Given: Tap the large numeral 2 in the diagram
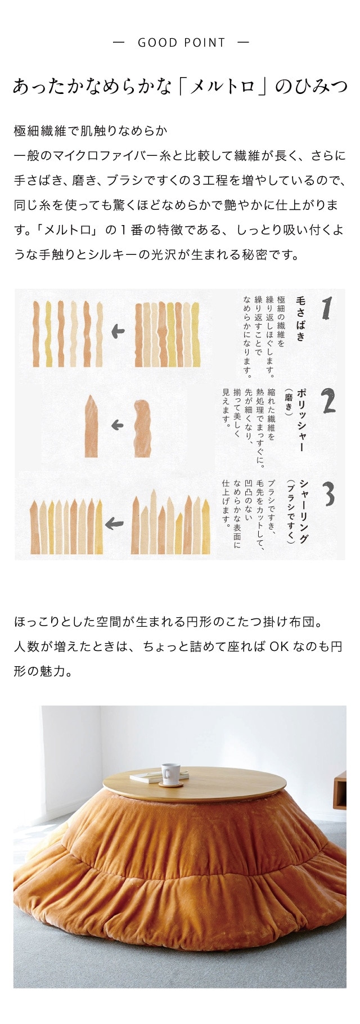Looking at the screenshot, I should pyautogui.click(x=328, y=401).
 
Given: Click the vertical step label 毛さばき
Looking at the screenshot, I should pyautogui.click(x=300, y=320).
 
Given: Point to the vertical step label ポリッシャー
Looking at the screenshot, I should pyautogui.click(x=301, y=420).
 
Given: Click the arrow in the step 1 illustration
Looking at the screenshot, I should pyautogui.click(x=118, y=331).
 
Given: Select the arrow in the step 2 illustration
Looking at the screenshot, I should pyautogui.click(x=117, y=425).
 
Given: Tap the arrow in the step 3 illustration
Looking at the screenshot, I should pyautogui.click(x=114, y=524).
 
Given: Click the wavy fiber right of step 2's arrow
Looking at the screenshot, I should pyautogui.click(x=142, y=428).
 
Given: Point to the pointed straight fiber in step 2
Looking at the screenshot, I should pyautogui.click(x=91, y=426).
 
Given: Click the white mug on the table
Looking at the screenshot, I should pyautogui.click(x=170, y=773).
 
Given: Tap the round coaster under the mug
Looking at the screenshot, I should pyautogui.click(x=170, y=783).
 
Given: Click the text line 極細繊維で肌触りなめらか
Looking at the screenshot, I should pyautogui.click(x=91, y=131).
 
